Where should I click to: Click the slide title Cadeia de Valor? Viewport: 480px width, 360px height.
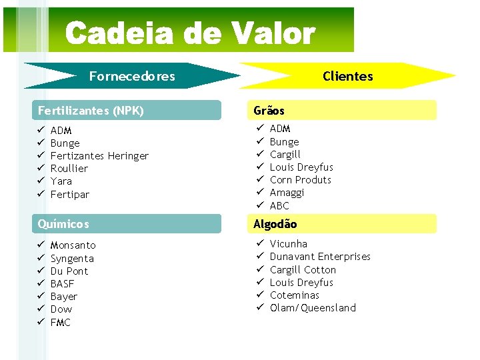click(x=190, y=33)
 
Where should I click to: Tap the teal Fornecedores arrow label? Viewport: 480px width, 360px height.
click(x=132, y=76)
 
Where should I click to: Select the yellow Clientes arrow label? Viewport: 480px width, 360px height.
click(x=347, y=76)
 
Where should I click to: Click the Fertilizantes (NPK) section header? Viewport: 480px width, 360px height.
click(x=91, y=111)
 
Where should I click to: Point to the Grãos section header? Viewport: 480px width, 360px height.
click(x=269, y=111)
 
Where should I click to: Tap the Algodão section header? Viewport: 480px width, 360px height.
click(x=275, y=224)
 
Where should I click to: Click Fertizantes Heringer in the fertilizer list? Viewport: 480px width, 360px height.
click(x=99, y=156)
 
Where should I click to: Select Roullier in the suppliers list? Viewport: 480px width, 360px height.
click(x=69, y=169)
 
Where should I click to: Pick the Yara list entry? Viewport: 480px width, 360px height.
click(x=61, y=181)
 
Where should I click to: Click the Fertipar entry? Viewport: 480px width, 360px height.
click(x=70, y=195)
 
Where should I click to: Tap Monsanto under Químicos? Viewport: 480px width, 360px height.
click(x=73, y=245)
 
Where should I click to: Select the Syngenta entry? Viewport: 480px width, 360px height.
click(x=72, y=259)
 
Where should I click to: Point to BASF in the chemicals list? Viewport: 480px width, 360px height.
click(x=63, y=284)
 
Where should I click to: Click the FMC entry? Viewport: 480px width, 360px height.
click(x=61, y=323)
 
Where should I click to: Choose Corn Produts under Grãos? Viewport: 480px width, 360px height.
click(x=301, y=180)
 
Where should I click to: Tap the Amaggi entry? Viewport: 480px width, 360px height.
click(x=287, y=193)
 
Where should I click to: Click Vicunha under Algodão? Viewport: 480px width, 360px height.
click(x=289, y=244)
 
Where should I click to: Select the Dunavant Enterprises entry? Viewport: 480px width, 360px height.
click(x=320, y=257)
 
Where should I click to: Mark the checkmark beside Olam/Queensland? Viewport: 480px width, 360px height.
click(x=260, y=307)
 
